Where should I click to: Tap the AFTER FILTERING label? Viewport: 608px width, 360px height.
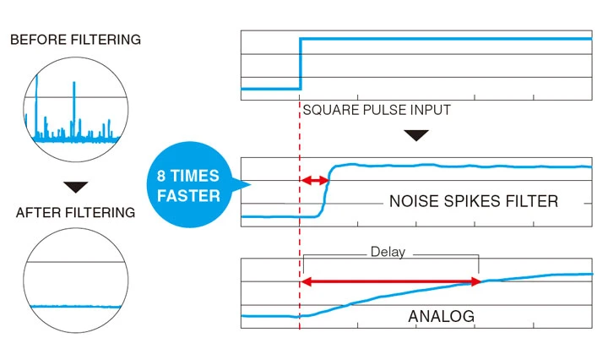(75, 212)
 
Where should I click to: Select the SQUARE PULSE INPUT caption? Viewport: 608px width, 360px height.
(377, 110)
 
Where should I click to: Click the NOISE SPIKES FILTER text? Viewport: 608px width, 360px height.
(474, 201)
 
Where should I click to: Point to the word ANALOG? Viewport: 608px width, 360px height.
(441, 317)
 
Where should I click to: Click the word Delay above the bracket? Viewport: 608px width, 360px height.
(388, 252)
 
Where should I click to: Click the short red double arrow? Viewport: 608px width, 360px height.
(315, 180)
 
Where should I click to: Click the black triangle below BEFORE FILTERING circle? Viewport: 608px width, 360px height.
(75, 186)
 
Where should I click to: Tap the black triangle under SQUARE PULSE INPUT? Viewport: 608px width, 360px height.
(415, 134)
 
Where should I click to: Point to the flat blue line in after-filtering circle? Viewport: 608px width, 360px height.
(75, 306)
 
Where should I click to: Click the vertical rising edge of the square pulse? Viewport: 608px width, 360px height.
(301, 63)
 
